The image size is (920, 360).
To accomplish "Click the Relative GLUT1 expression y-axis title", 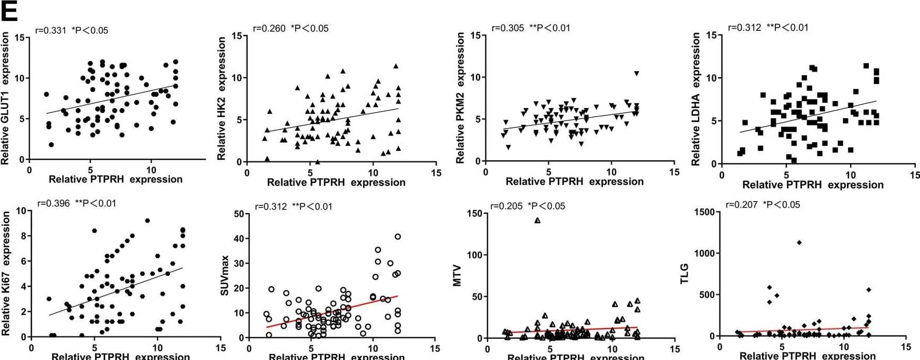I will pos(5,98).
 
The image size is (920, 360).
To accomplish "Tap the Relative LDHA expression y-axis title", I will pos(695,99).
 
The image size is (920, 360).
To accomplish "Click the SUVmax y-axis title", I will pos(225,275).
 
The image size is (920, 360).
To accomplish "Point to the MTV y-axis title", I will pos(458,276).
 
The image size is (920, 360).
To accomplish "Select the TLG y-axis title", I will pos(684,274).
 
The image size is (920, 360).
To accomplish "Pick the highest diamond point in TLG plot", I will pos(799,242).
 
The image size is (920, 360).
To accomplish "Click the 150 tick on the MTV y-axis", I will pos(475,213).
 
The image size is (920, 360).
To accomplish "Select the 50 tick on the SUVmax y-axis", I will pos(239,214).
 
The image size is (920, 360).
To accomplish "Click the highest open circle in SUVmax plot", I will pos(398,237).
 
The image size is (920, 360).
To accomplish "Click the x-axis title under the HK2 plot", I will pos(336,182).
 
